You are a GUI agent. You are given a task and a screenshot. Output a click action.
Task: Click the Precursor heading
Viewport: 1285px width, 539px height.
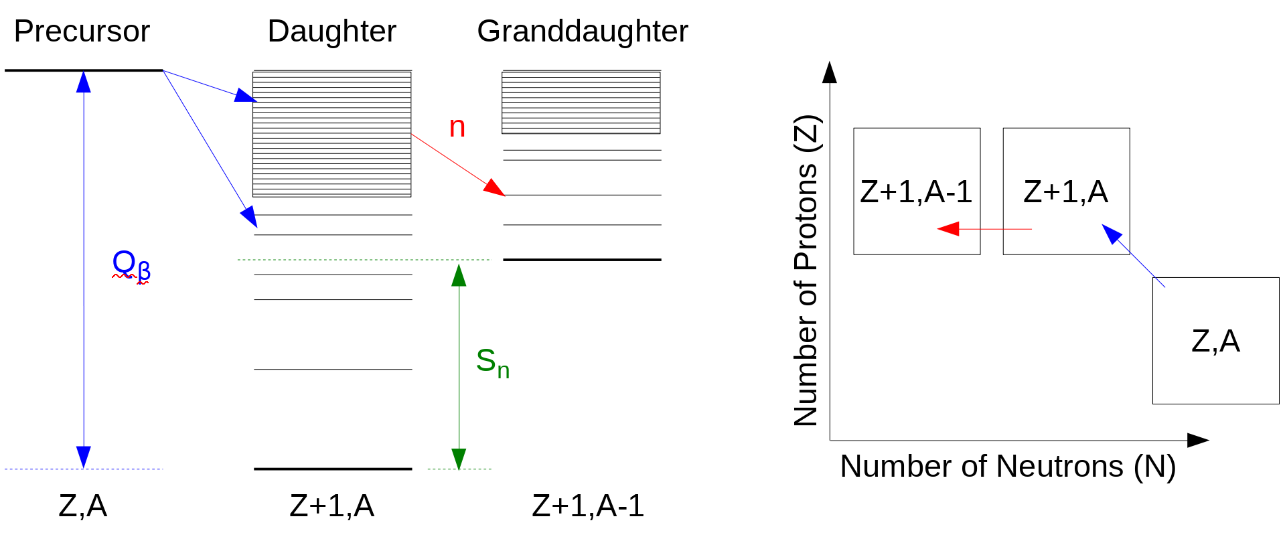[82, 31]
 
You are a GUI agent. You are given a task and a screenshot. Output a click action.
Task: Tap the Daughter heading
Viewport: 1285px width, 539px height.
[331, 31]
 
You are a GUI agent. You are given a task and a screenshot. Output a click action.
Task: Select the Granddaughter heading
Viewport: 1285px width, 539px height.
[582, 31]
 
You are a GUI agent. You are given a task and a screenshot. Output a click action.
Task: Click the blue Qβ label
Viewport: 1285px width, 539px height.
[131, 264]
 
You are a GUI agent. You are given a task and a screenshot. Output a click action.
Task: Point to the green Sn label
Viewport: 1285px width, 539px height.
[492, 363]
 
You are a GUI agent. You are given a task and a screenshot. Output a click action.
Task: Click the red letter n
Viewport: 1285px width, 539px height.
[457, 127]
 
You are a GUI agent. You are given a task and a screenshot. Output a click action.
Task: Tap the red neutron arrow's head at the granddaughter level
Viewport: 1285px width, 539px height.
[496, 187]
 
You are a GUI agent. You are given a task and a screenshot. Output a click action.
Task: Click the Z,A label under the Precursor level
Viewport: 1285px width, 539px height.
[82, 506]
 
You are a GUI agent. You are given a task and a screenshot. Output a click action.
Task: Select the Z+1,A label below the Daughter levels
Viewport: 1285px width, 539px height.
[331, 506]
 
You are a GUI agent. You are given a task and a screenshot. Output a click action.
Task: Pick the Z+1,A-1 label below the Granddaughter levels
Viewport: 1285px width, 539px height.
[588, 506]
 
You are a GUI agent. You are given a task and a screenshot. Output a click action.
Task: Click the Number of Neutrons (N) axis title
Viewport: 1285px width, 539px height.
[1008, 466]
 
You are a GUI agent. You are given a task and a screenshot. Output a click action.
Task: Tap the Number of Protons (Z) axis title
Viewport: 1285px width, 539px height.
[806, 271]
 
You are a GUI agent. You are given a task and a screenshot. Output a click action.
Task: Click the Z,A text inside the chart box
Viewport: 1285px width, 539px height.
[1215, 341]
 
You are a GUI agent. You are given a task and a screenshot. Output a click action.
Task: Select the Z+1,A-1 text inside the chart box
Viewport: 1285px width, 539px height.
[916, 192]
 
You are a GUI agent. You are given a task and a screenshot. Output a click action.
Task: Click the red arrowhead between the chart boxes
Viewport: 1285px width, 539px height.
[948, 229]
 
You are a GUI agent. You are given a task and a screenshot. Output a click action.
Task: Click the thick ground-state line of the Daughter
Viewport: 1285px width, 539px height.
[333, 469]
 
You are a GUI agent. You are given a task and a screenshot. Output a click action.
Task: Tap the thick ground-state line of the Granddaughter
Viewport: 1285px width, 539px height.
[582, 259]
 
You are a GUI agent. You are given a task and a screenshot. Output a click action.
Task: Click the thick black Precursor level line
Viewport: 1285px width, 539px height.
[84, 70]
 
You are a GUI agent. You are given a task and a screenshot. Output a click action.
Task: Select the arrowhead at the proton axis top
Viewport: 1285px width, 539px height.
[830, 72]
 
